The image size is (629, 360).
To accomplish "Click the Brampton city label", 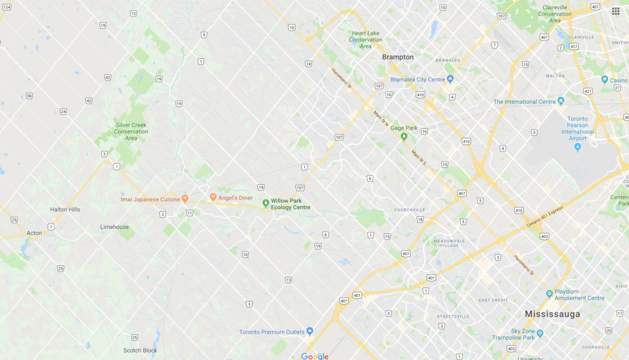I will click(x=397, y=57).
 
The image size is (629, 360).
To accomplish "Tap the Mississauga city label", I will click(x=552, y=314).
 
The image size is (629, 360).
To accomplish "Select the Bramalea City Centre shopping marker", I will click(x=450, y=79).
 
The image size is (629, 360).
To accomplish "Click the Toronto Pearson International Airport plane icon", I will click(x=577, y=148).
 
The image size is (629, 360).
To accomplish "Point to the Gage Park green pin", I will click(x=404, y=136).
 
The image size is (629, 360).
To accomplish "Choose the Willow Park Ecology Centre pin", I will click(x=265, y=203).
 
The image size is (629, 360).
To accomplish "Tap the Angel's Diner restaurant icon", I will click(x=213, y=198).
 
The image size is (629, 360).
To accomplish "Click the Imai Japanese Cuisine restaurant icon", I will click(x=185, y=199).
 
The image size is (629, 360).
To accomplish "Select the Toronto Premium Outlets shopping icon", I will click(x=310, y=332).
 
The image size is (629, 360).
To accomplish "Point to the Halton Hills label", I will click(x=65, y=209).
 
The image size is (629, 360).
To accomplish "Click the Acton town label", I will click(x=34, y=233).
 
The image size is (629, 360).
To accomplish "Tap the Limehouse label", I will click(x=114, y=227).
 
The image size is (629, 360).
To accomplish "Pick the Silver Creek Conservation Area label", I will click(x=131, y=131).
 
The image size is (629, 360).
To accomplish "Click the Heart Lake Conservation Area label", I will click(x=365, y=40).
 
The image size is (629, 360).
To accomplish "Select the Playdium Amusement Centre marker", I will click(x=549, y=294).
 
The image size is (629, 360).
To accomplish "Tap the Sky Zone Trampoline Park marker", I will click(x=540, y=334).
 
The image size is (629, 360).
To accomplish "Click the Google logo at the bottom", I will click(x=314, y=356).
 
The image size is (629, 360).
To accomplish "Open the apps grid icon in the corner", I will click(x=615, y=11).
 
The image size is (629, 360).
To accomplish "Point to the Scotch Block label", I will click(x=140, y=351).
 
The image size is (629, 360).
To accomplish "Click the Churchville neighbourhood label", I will click(x=410, y=209).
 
